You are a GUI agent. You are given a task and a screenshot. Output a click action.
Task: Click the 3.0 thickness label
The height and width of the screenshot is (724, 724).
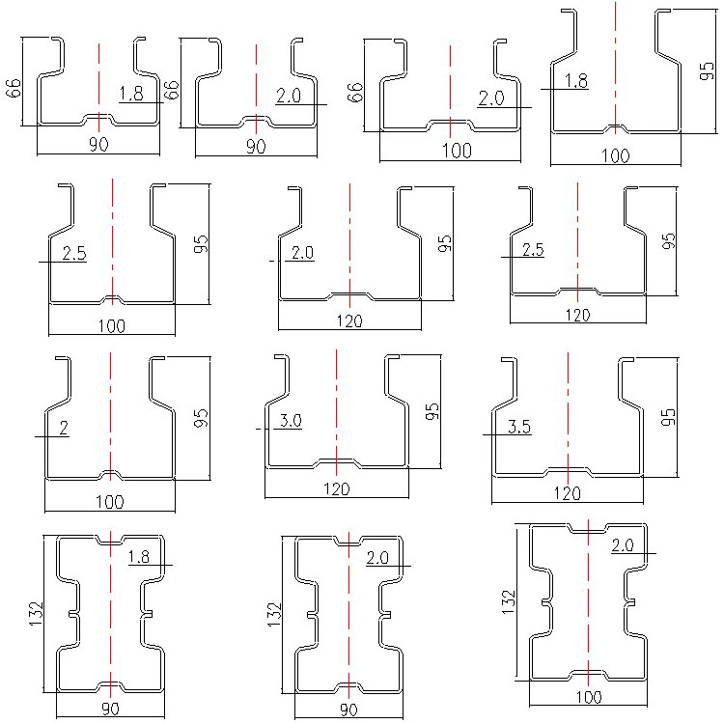click(291, 420)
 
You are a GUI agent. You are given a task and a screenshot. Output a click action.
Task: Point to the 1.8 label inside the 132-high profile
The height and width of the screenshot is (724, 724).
click(140, 556)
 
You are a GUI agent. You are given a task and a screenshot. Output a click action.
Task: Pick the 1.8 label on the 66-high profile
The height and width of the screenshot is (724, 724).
click(131, 94)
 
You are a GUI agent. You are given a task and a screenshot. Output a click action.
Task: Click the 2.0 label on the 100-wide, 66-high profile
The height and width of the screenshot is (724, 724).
click(491, 97)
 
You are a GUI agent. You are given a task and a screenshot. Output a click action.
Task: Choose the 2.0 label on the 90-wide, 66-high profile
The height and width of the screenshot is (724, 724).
click(289, 96)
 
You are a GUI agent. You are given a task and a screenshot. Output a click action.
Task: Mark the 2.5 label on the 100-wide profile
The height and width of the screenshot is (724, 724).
click(74, 254)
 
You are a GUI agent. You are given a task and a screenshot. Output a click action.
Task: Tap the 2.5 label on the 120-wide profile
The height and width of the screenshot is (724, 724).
click(532, 250)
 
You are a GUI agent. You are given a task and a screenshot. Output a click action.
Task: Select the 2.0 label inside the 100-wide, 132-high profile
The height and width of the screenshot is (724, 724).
click(623, 545)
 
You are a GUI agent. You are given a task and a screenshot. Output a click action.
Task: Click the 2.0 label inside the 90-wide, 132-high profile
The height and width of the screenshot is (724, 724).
click(379, 557)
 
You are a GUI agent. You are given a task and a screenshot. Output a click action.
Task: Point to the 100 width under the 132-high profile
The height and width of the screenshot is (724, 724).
click(589, 696)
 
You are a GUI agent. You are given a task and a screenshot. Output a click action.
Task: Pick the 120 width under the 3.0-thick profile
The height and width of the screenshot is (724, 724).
click(336, 489)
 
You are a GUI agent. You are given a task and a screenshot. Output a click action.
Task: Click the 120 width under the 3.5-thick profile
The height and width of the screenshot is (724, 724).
click(567, 494)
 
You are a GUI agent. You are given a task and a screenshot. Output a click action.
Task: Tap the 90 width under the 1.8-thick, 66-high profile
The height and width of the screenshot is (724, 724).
click(98, 144)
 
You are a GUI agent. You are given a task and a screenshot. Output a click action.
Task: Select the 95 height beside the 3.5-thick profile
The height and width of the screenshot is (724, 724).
click(668, 417)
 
